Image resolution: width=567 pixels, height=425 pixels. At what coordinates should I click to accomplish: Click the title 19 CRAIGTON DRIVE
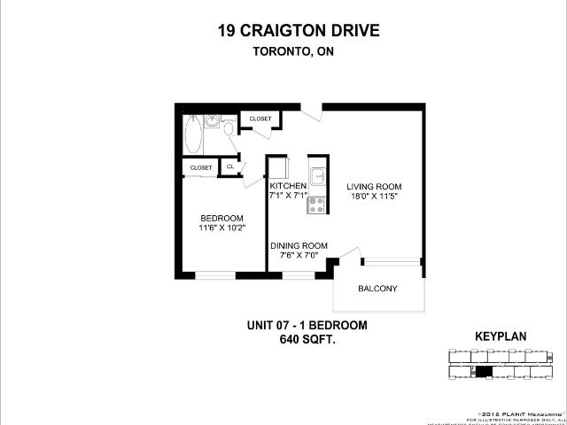(x=299, y=31)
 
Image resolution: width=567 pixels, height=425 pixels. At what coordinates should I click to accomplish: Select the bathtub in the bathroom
(x=195, y=135)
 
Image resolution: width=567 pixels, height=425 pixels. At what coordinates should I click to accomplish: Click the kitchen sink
(x=316, y=173)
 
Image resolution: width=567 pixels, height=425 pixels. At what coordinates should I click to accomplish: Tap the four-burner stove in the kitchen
(x=316, y=205)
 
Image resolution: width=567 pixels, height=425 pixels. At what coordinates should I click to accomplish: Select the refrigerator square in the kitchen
(x=279, y=167)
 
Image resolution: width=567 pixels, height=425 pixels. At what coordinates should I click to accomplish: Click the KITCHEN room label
(x=288, y=186)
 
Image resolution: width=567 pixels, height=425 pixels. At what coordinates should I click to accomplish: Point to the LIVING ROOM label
(x=374, y=186)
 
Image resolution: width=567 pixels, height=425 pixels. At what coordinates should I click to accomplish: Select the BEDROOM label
(x=221, y=219)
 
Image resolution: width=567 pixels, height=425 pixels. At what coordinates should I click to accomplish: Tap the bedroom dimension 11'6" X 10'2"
(x=221, y=228)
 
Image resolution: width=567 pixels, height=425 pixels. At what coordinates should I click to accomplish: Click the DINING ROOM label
(x=299, y=246)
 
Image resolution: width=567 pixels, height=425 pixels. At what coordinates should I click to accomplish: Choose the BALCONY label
(x=377, y=289)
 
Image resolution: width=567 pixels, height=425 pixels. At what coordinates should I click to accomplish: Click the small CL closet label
(x=230, y=166)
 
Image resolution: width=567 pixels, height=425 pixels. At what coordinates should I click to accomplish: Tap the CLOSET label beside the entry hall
(x=260, y=119)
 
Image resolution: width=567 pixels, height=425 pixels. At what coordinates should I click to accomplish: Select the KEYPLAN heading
(x=501, y=337)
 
